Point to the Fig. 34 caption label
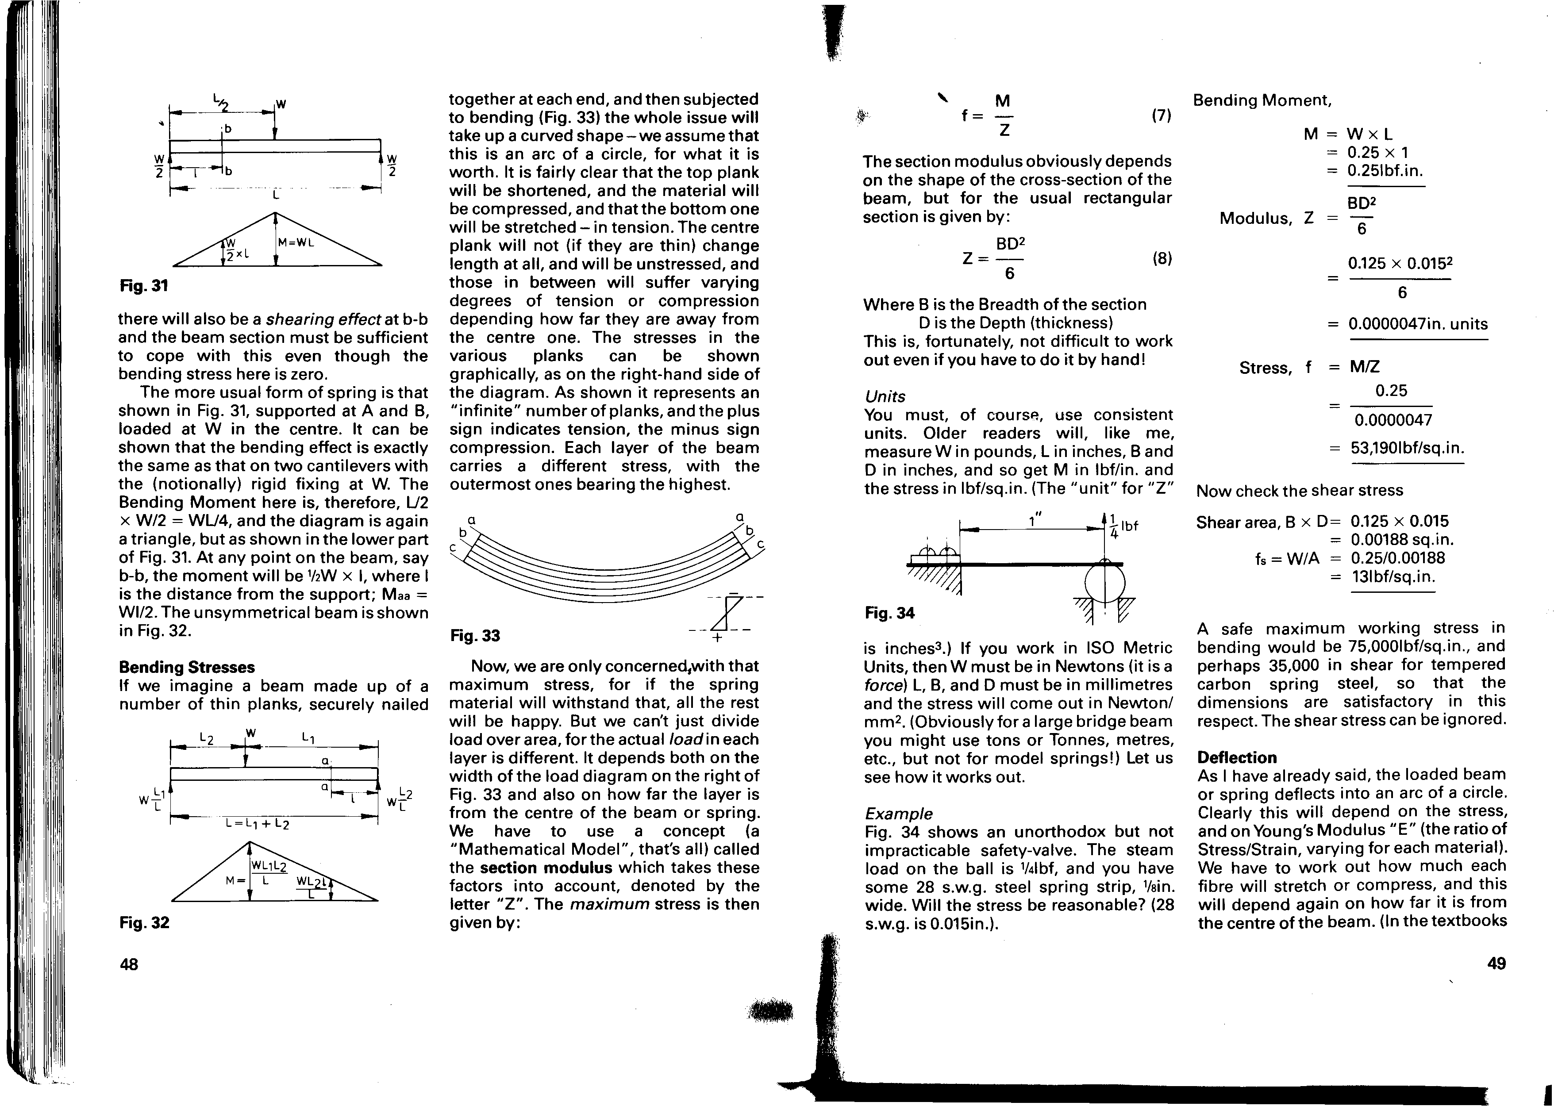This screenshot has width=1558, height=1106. [x=889, y=613]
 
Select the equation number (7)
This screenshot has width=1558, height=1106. [x=1161, y=116]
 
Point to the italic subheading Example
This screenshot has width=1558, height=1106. [x=898, y=814]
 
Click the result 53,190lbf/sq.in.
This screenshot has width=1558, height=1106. [x=1408, y=448]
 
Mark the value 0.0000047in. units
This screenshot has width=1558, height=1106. [x=1418, y=324]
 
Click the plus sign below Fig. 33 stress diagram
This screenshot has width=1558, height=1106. [x=717, y=638]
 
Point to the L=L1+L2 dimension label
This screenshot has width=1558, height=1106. [x=258, y=825]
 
